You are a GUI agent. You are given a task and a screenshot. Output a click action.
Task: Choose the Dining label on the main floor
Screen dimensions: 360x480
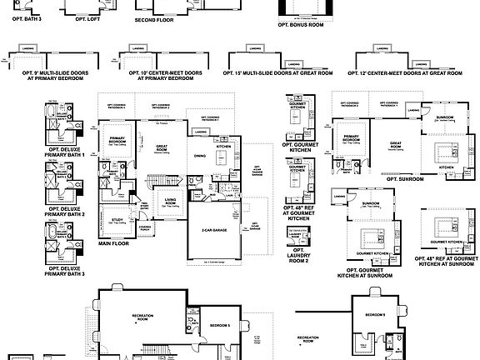(200, 156)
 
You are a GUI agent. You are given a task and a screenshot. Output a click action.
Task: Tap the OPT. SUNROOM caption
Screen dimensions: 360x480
(405, 177)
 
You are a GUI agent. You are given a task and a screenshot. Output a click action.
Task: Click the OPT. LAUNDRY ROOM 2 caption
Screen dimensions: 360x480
(297, 257)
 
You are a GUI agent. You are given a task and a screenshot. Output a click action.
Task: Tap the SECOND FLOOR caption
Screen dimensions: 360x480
(154, 18)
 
